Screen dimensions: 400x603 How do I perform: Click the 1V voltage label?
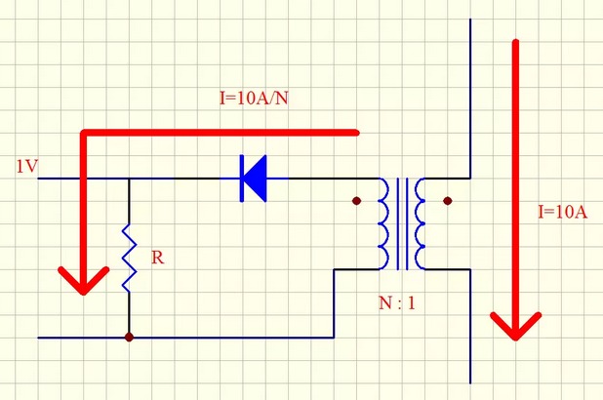26,167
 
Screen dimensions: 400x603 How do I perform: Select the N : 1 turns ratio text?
397,302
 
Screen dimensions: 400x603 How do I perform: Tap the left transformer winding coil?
384,223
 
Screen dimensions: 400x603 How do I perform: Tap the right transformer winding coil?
420,223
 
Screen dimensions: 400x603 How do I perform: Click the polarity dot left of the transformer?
357,202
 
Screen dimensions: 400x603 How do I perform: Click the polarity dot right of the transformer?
448,202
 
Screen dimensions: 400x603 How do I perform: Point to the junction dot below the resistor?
129,338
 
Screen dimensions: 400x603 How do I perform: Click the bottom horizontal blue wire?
234,338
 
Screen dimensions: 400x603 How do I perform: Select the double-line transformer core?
402,223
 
